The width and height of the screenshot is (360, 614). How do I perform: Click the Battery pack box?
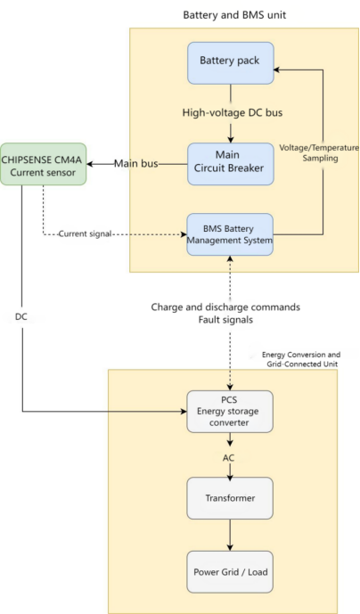click(x=231, y=64)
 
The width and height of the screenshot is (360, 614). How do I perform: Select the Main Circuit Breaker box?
click(x=231, y=163)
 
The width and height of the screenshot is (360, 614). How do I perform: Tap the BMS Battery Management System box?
click(x=231, y=234)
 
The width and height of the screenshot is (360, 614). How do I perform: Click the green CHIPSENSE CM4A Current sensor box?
click(x=43, y=163)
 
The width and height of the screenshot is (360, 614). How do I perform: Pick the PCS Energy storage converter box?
click(x=231, y=411)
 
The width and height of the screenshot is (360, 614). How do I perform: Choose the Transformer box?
click(x=231, y=499)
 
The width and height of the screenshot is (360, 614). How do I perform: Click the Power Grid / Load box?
click(x=231, y=571)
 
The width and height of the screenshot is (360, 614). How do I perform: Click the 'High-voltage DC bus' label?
click(x=231, y=111)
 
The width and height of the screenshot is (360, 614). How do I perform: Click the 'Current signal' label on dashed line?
click(x=86, y=234)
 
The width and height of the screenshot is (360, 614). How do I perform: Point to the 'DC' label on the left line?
click(x=21, y=316)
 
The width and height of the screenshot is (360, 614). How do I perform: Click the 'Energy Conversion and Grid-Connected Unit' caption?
click(x=300, y=359)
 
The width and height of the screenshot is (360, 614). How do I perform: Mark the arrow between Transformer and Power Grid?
click(x=231, y=535)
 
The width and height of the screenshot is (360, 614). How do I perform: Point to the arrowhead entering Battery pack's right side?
click(x=279, y=68)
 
